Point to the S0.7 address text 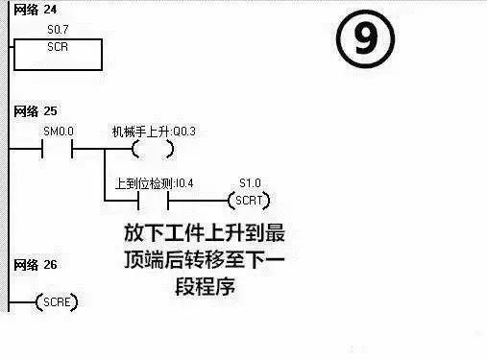pyautogui.click(x=61, y=31)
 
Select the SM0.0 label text pyautogui.click(x=59, y=130)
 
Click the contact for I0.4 pyautogui.click(x=154, y=201)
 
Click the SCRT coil pyautogui.click(x=248, y=201)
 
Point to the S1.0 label pyautogui.click(x=249, y=181)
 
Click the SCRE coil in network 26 pyautogui.click(x=56, y=303)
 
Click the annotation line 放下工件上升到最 pyautogui.click(x=205, y=234)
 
